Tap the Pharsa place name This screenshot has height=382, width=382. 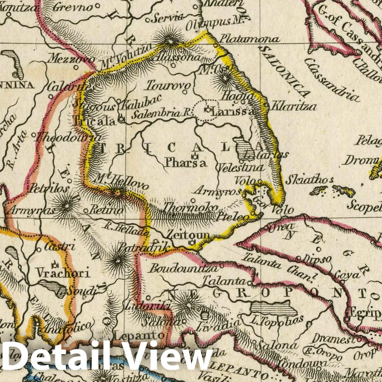click(x=186, y=163)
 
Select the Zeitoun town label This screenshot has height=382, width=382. click(x=188, y=235)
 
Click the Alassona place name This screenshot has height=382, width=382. click(x=177, y=57)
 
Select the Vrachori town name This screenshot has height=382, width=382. click(x=63, y=273)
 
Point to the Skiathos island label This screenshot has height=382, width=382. click(x=309, y=180)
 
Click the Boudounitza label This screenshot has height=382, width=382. click(x=183, y=268)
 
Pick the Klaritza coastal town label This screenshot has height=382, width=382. click(x=294, y=106)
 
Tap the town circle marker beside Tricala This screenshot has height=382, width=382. click(x=121, y=120)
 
